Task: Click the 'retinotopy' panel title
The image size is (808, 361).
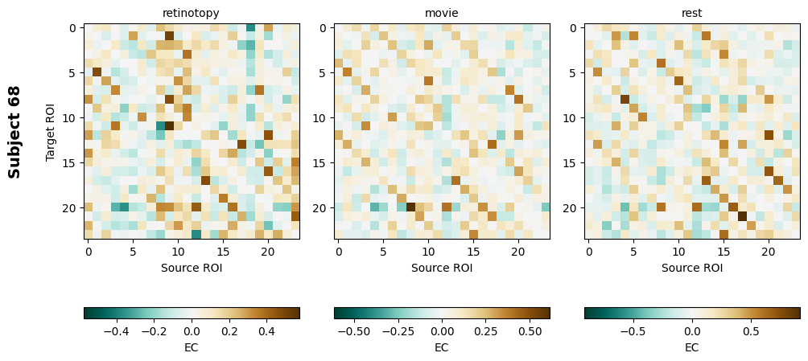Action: [191, 13]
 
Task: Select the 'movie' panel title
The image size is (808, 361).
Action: [441, 13]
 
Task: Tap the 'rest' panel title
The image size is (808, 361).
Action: [691, 13]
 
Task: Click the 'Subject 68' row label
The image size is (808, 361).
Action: [14, 131]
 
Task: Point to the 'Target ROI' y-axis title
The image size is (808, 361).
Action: [51, 131]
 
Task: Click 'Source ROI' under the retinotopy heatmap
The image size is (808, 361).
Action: [191, 268]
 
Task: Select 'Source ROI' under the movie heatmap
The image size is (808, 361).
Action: [441, 268]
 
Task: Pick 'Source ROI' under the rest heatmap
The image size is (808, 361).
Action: [691, 268]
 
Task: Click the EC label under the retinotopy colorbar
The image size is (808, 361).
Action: [191, 347]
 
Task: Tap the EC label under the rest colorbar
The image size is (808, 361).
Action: [691, 347]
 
